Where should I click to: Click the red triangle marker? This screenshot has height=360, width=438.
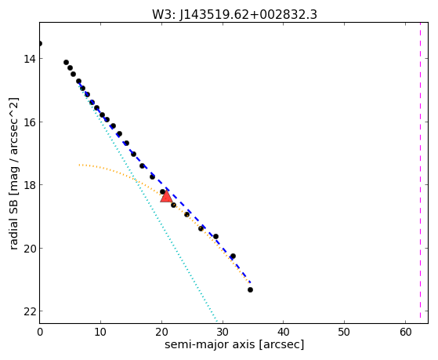tap(166, 196)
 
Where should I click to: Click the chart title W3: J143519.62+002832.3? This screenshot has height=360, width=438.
tap(234, 14)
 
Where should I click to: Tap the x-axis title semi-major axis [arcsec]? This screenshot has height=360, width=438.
tap(234, 344)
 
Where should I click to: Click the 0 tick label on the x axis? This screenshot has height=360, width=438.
tap(40, 332)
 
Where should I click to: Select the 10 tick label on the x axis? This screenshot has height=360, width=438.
tap(100, 332)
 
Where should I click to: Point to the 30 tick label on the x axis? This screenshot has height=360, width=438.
tap(223, 332)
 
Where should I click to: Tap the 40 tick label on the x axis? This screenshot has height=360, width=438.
tap(283, 332)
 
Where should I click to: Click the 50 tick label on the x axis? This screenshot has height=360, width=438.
tap(344, 332)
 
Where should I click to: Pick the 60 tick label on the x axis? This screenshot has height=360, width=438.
tap(405, 332)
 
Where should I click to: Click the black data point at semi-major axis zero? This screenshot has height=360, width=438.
tap(40, 43)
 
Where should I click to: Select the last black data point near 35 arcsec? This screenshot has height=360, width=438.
tap(250, 289)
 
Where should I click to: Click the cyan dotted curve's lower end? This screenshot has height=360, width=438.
tap(217, 321)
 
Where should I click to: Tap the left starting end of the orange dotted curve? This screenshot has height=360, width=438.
tap(79, 165)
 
